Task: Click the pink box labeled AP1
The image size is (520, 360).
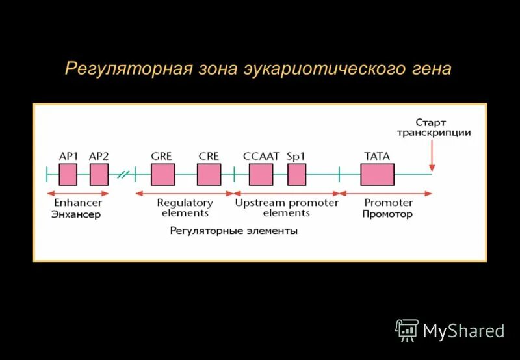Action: pos(68,175)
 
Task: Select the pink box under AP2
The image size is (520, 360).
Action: pos(99,175)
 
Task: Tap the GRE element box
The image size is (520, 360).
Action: pos(162,175)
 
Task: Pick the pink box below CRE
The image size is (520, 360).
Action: pos(209,175)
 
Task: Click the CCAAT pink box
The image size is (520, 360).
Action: pos(261,175)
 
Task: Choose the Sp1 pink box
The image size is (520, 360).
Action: pos(296,175)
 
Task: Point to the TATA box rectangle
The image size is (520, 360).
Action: pos(377,175)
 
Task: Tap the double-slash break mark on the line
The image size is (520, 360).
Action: pos(123,174)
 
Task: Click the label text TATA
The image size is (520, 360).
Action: pos(377,157)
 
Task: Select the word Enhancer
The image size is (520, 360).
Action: pos(77,203)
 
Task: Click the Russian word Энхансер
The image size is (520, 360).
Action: pos(76,214)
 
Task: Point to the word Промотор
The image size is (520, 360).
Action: pos(388,214)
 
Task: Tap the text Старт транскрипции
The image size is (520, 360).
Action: pos(434,127)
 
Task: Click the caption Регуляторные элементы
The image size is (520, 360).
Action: pos(234,231)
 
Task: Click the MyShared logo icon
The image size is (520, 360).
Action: pos(407,331)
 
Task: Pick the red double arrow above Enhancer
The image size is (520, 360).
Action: pos(77,193)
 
